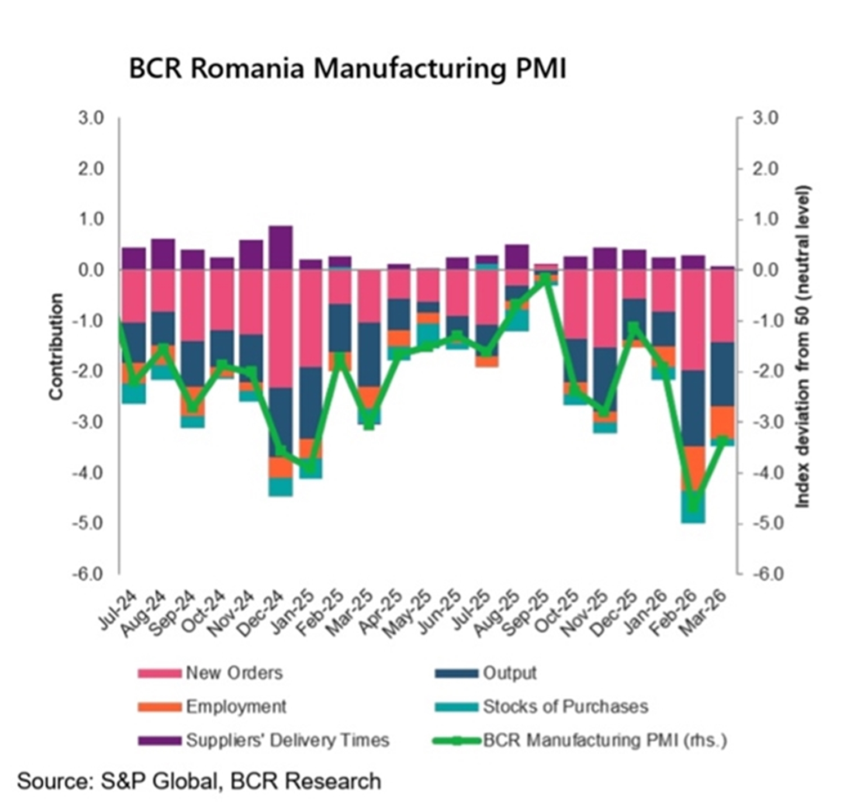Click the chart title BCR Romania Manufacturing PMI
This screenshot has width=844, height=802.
[x=347, y=69]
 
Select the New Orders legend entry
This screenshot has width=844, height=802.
[x=234, y=673]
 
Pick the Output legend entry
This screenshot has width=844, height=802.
[x=509, y=673]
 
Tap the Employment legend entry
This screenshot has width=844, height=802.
[x=236, y=706]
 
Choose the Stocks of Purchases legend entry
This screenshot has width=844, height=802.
[x=565, y=706]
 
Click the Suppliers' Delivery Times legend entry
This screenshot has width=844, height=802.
[x=287, y=740]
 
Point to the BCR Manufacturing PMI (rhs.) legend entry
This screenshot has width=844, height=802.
[x=604, y=740]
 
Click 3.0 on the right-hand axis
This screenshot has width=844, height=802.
[x=765, y=118]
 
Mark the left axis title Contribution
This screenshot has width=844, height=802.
[x=56, y=347]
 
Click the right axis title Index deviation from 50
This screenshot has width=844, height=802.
[x=802, y=347]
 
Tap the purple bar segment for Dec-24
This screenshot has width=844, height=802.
[x=281, y=248]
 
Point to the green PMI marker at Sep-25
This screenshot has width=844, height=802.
[x=546, y=278]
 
